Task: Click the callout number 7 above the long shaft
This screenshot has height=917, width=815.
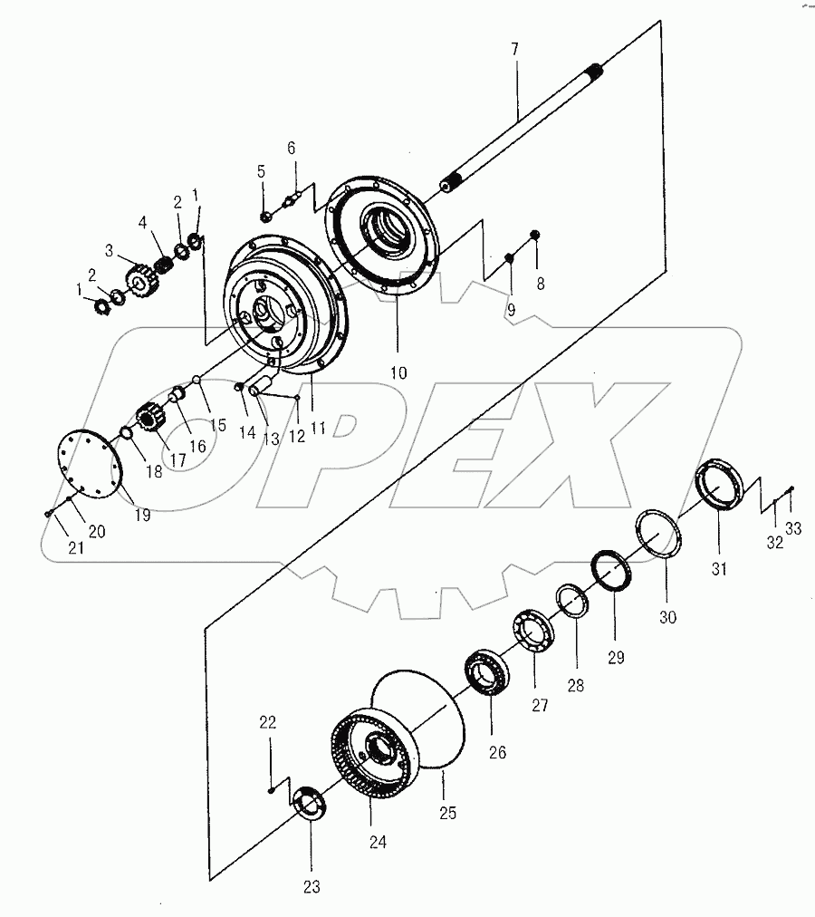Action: click(x=514, y=47)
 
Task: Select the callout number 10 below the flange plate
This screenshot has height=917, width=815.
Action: click(x=398, y=372)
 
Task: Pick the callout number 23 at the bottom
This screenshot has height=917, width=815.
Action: click(x=311, y=887)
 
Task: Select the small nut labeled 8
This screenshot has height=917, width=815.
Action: click(x=533, y=236)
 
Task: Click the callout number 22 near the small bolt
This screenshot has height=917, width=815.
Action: click(x=267, y=723)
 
